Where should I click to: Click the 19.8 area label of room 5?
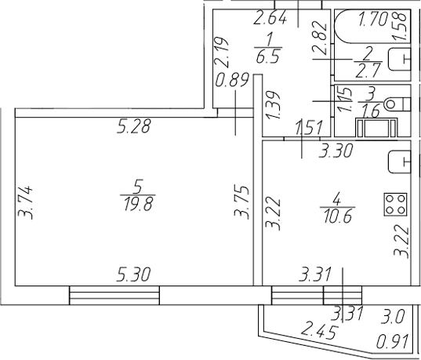(x=138, y=204)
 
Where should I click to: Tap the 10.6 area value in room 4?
(x=338, y=216)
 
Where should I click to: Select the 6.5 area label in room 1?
(x=268, y=56)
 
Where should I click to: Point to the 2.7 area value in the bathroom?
(x=368, y=71)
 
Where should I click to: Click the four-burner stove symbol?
(x=395, y=205)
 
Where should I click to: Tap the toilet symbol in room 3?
(x=397, y=104)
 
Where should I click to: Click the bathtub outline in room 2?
(x=372, y=27)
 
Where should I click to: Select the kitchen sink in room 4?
(x=400, y=162)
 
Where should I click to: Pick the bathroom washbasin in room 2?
(x=400, y=60)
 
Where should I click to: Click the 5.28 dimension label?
(x=134, y=126)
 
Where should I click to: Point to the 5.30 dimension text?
(x=133, y=275)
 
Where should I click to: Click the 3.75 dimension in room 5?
(x=241, y=202)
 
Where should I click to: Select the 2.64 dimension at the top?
(x=270, y=18)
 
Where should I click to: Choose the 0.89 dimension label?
(x=233, y=80)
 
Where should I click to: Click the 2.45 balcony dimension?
(x=318, y=332)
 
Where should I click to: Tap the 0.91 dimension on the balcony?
(x=393, y=342)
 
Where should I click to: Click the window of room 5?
(x=114, y=295)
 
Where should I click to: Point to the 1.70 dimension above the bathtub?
(x=374, y=20)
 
